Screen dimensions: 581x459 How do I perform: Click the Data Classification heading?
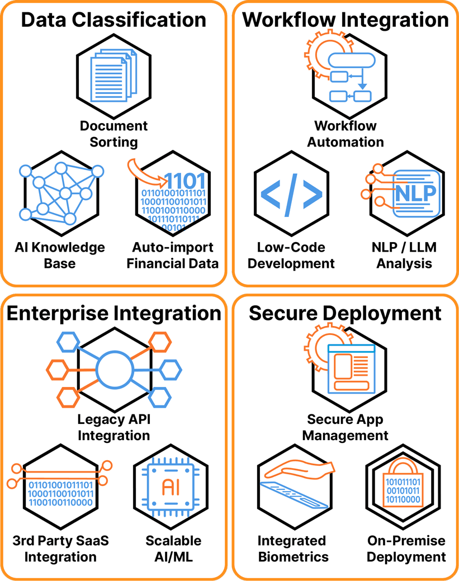(113, 20)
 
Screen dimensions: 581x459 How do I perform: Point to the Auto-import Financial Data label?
(173, 255)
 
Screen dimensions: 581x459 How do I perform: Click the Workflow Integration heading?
(346, 20)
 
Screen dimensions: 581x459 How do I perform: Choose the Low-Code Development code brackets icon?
(291, 193)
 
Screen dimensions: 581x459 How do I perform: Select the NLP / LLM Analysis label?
(404, 255)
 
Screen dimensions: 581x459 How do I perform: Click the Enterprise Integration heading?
(113, 313)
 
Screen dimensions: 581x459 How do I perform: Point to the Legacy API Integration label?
(113, 427)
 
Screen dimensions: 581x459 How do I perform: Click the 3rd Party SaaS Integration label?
(60, 549)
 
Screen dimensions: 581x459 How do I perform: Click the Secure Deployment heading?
(346, 313)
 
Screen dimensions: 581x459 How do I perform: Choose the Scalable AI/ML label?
(173, 549)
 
